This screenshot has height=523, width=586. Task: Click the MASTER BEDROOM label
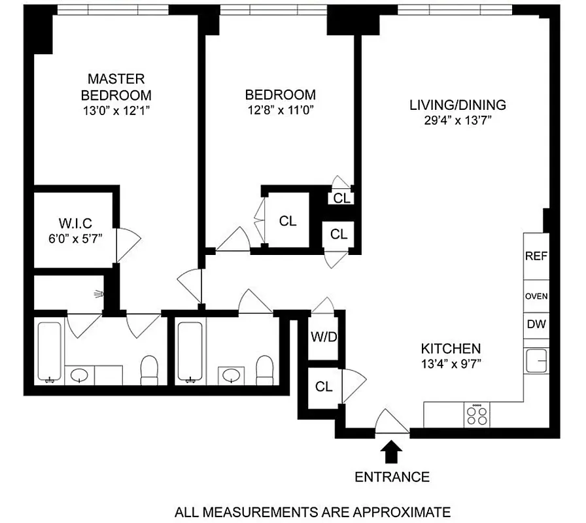116,86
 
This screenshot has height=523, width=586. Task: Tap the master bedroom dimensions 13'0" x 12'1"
116,110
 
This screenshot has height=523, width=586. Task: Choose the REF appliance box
536,256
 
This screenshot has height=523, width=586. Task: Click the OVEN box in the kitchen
536,296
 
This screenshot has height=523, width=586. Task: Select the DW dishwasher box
536,324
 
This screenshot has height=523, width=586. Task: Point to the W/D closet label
323,339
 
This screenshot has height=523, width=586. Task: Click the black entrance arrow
392,451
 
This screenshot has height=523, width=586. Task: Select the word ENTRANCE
392,477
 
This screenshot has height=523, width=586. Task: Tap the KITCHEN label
451,349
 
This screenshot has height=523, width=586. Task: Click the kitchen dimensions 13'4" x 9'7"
451,365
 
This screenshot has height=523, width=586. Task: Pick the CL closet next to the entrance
324,387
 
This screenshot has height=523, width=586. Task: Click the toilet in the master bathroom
150,369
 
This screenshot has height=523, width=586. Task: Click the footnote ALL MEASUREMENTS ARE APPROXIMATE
311,511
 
